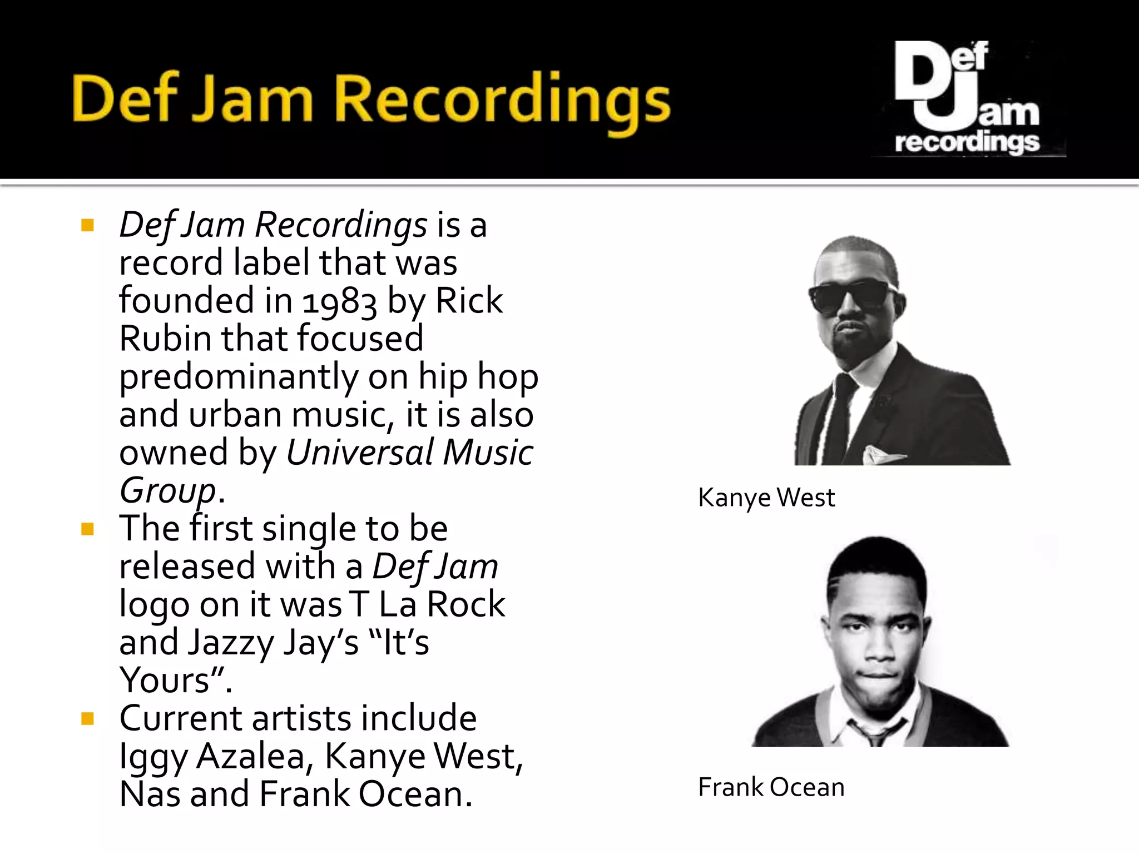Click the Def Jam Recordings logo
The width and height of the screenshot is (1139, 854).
[968, 97]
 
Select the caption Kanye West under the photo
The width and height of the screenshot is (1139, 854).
[766, 498]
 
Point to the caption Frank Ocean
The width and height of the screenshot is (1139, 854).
[771, 787]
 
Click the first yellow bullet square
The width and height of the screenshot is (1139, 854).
[87, 225]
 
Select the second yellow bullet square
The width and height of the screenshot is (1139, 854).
[87, 529]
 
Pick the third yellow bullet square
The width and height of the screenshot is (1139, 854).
[87, 719]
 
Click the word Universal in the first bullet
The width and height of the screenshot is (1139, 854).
[359, 452]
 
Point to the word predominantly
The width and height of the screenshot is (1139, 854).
[239, 377]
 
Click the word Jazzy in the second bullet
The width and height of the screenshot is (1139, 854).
[231, 643]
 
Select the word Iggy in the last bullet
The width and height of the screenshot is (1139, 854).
[153, 757]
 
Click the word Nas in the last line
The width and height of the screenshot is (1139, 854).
[150, 794]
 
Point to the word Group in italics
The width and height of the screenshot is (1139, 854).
[167, 491]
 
